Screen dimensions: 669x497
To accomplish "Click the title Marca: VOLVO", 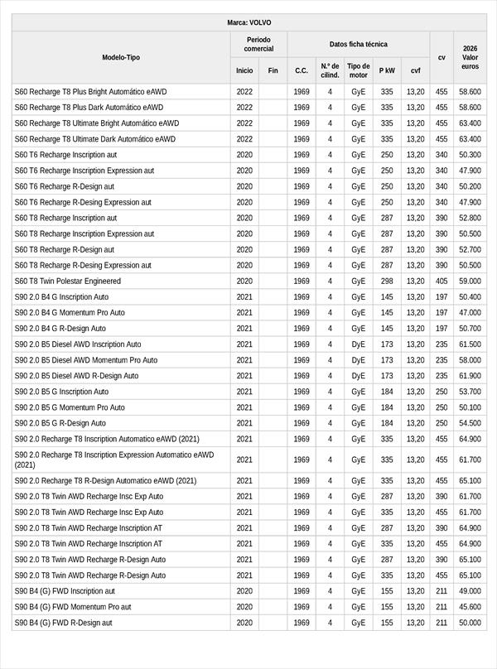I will point(248,22).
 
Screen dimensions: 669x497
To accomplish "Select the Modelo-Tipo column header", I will point(121,57).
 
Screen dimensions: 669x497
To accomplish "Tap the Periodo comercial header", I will point(258,45).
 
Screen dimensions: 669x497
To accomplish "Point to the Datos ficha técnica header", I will point(358,45).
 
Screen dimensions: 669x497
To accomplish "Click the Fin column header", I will point(273,71).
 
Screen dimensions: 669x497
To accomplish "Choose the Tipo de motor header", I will point(358,71).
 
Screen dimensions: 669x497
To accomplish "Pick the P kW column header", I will point(387,71).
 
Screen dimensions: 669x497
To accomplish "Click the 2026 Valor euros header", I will point(470,57).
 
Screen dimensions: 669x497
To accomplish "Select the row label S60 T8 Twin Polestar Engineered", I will point(67,282).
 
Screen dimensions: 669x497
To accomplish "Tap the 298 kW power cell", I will point(387,282).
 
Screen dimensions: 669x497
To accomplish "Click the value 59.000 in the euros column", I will point(470,282).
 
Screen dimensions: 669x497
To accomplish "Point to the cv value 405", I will point(442,282).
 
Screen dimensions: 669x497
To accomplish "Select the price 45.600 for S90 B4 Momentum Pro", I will point(470,607).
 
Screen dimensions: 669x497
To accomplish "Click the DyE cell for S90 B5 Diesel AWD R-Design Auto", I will point(358,376).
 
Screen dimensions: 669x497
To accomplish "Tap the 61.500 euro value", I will point(470,344).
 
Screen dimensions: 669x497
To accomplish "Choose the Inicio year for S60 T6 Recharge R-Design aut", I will point(244,186).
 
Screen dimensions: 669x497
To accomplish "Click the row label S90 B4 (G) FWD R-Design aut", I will point(69,623).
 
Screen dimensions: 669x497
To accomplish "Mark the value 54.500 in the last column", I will point(470,423).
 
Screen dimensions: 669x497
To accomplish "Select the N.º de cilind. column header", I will point(330,71).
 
